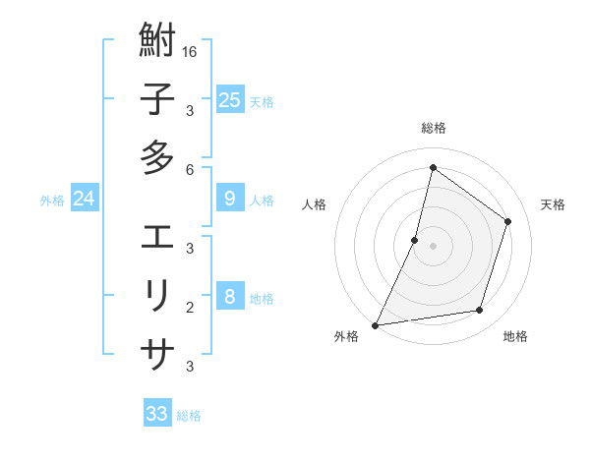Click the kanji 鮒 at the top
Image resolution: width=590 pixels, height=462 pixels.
157,42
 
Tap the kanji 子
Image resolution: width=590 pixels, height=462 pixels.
157,99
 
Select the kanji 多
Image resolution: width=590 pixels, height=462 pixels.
157,156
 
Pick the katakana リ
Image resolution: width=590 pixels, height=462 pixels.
157,295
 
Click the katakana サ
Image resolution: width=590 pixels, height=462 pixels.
157,352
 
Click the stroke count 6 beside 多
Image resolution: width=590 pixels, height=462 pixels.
190,169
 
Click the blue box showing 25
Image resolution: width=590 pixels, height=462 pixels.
229,99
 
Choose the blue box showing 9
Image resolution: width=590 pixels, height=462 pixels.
229,199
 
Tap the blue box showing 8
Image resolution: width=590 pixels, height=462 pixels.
229,297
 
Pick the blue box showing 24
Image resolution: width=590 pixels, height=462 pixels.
84,200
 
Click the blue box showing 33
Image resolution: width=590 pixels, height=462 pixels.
157,414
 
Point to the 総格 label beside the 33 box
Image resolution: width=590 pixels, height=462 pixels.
189,416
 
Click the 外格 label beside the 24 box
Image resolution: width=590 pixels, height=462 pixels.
52,201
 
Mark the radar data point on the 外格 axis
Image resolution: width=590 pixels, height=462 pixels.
375,324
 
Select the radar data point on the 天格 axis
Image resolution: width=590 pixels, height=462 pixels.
508,221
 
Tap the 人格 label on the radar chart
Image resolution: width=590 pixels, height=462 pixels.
314,204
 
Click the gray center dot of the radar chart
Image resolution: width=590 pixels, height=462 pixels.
433,246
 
